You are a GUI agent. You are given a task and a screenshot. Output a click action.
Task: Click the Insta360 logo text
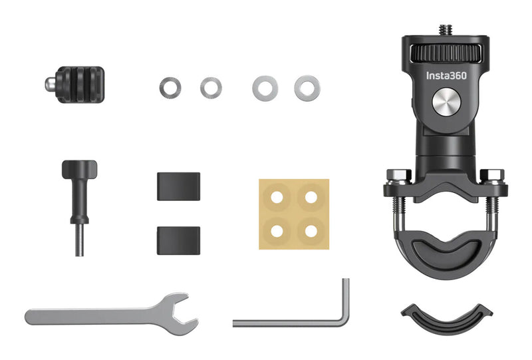pyautogui.click(x=446, y=76)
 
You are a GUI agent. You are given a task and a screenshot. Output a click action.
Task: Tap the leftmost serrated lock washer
pyautogui.click(x=170, y=87)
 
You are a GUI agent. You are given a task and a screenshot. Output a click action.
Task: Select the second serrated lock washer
pyautogui.click(x=211, y=87)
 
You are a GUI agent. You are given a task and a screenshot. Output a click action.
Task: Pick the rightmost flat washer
pyautogui.click(x=306, y=87)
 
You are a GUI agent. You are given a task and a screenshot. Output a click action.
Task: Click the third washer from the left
pyautogui.click(x=264, y=87)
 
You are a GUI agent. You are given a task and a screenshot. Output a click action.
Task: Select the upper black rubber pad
pyautogui.click(x=178, y=186)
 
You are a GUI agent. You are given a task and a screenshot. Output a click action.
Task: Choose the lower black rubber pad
pyautogui.click(x=178, y=239)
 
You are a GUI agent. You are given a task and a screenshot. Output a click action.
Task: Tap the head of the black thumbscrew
pyautogui.click(x=79, y=169)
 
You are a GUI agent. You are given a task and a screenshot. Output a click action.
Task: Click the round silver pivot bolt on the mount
pyautogui.click(x=446, y=102)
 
